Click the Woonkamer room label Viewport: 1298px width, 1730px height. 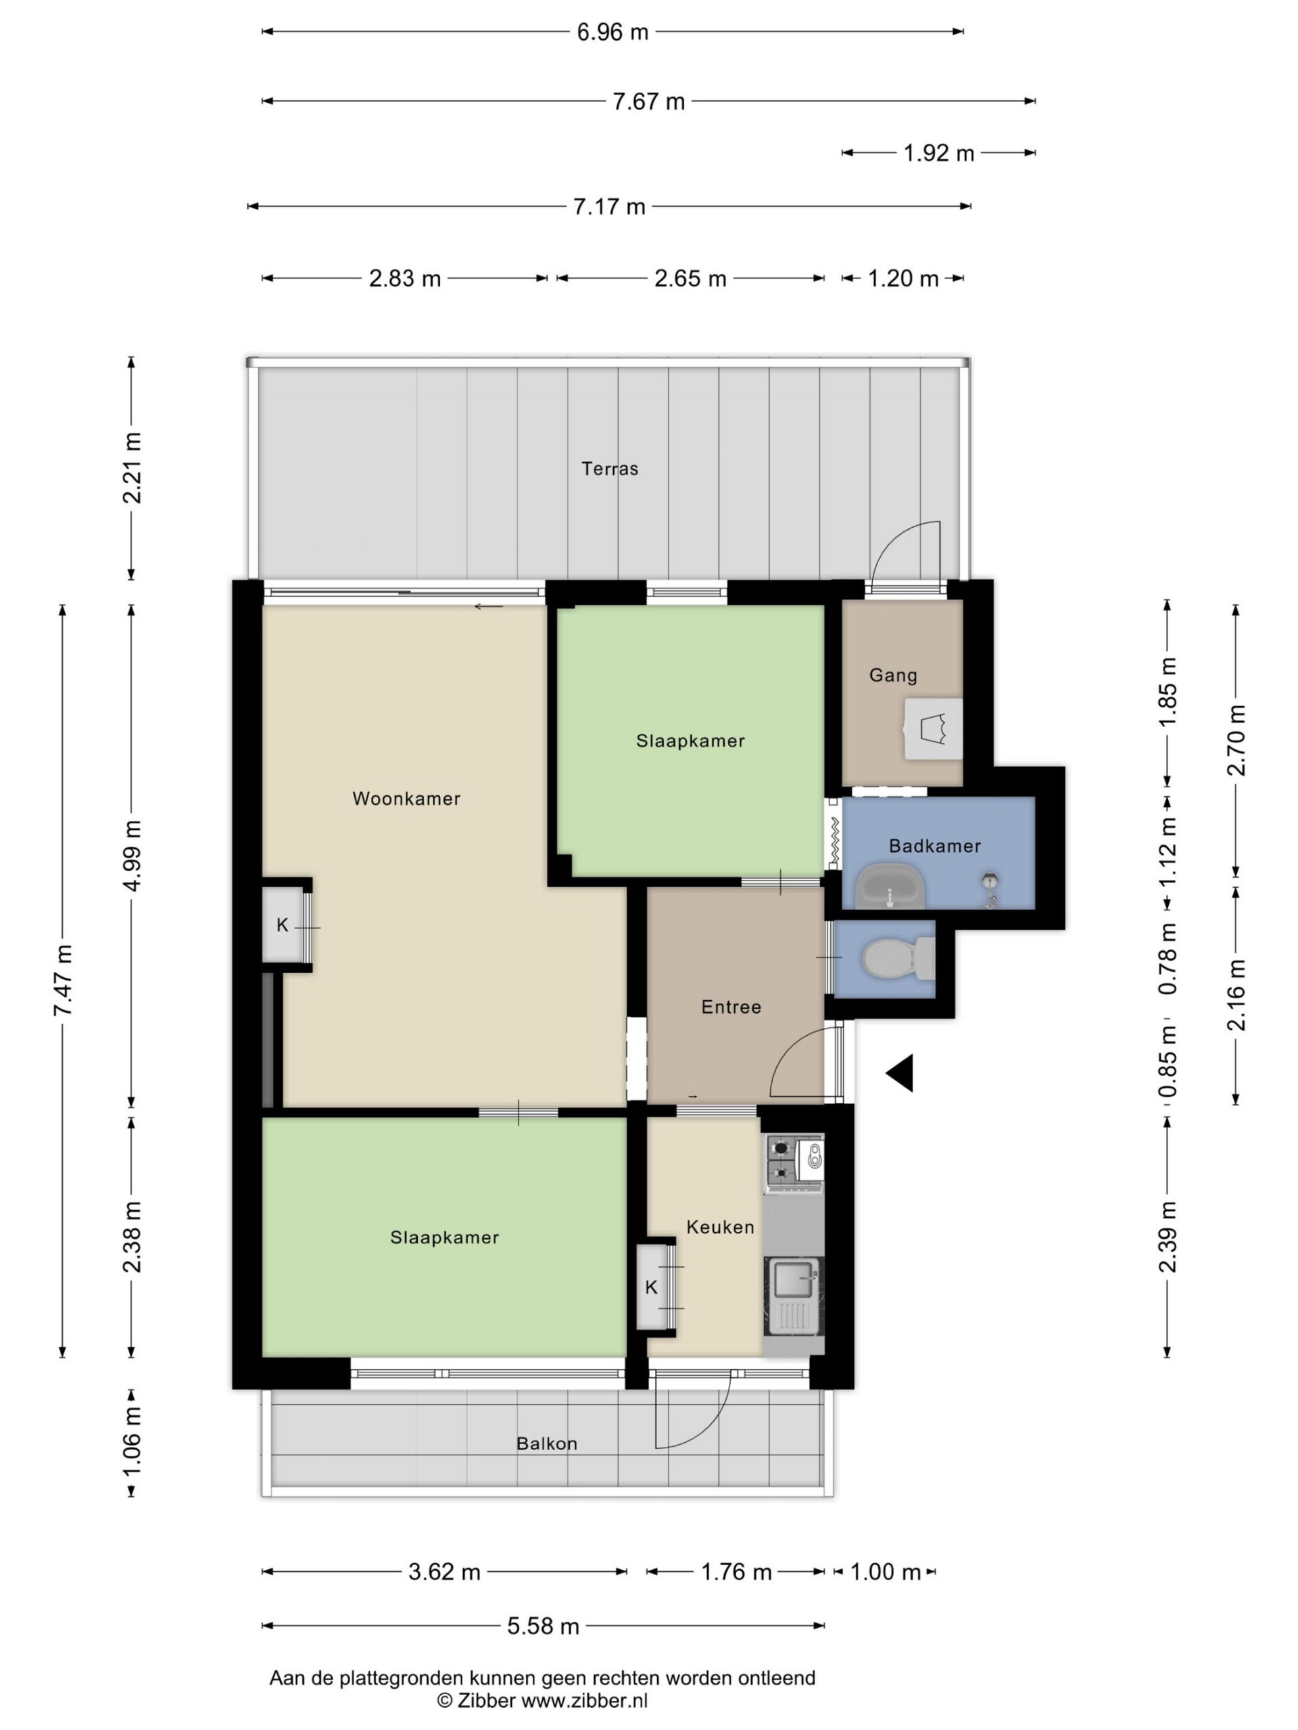406,799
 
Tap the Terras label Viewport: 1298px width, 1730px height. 610,468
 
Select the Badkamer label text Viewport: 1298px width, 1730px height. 935,845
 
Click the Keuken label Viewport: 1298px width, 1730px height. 720,1227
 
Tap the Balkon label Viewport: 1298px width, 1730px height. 547,1443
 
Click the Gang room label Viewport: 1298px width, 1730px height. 893,675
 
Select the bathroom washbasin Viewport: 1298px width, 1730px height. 890,886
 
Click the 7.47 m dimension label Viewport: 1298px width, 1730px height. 63,981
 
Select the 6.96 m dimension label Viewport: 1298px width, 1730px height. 612,32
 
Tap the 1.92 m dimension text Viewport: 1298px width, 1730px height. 939,153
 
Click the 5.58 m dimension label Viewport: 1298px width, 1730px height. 543,1627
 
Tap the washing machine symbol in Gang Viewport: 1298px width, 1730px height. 934,729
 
